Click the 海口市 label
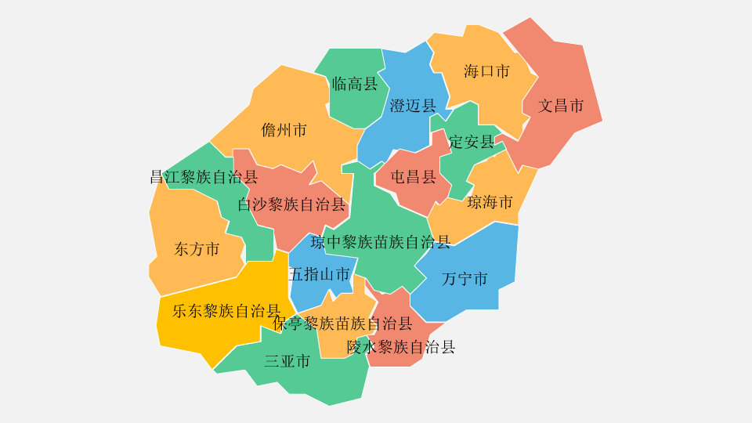tap(486, 71)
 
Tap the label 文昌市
tap(561, 106)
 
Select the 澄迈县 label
tap(413, 106)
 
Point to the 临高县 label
tap(355, 84)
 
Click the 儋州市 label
tap(284, 130)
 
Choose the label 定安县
tap(472, 142)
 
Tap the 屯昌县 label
tap(414, 177)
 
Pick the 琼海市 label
tap(490, 203)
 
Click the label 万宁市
tap(465, 279)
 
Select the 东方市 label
tap(197, 250)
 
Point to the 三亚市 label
tap(287, 361)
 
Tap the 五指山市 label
tap(319, 274)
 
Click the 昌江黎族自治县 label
tap(204, 177)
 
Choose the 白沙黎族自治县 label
tap(291, 205)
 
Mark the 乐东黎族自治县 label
tap(226, 311)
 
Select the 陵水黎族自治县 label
tap(401, 347)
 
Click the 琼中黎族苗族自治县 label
tap(381, 242)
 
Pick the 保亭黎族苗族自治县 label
tap(342, 324)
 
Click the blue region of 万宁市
tap(486, 251)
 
